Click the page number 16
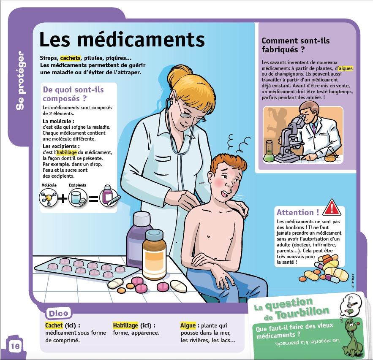15,346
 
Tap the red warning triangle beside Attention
332,207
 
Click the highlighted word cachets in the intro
70,58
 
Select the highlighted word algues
346,68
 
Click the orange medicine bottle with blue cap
154,254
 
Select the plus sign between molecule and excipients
63,198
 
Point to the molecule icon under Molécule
49,198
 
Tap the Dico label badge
58,314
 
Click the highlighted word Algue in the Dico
188,325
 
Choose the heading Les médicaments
122,39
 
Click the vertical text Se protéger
20,80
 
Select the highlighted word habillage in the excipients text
67,152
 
